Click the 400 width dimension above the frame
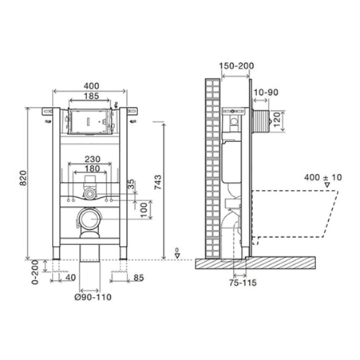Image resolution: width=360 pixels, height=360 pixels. click(x=91, y=86)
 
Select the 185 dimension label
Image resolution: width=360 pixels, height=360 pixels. click(x=91, y=96)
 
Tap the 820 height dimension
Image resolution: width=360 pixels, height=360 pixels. click(x=23, y=178)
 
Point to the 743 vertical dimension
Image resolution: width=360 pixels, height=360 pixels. click(x=158, y=182)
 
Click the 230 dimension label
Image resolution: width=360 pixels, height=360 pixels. click(x=93, y=159)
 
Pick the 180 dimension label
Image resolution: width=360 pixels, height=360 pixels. click(x=93, y=168)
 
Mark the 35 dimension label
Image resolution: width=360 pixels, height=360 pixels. click(x=131, y=184)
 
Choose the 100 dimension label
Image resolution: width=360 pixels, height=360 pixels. click(x=144, y=210)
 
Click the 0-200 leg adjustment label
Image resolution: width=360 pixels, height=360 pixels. click(x=35, y=272)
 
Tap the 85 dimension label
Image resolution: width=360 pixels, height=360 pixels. click(x=139, y=278)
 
